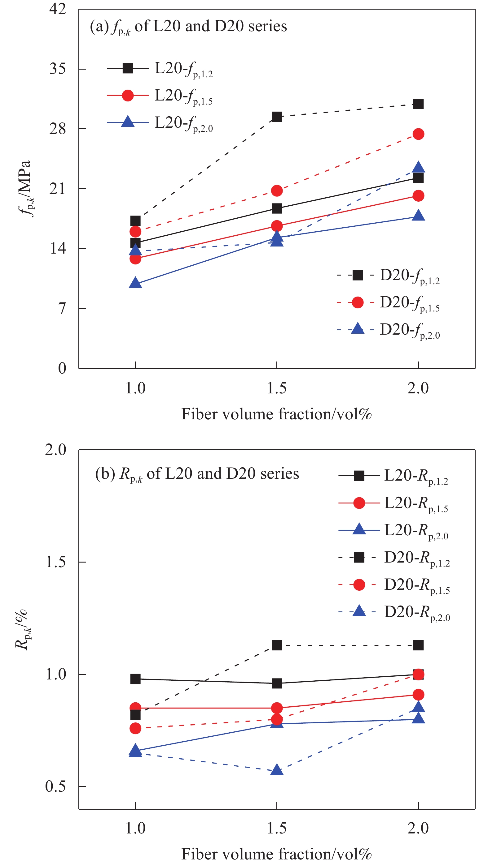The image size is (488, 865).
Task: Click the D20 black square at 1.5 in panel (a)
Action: pyautogui.click(x=276, y=117)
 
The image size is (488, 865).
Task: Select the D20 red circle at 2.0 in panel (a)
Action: pyautogui.click(x=418, y=134)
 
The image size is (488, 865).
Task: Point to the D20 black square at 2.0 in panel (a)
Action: pyautogui.click(x=418, y=104)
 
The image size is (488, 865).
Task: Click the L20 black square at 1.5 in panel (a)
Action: pyautogui.click(x=276, y=208)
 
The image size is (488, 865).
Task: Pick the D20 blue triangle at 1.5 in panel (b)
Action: pyautogui.click(x=276, y=770)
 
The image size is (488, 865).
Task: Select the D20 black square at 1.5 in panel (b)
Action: pyautogui.click(x=276, y=645)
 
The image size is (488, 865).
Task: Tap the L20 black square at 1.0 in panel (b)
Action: pyautogui.click(x=135, y=679)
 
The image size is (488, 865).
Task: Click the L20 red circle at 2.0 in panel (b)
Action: pyautogui.click(x=418, y=694)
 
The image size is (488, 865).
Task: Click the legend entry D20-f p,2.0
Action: pyautogui.click(x=409, y=330)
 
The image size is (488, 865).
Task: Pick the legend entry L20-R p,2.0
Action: pyautogui.click(x=416, y=531)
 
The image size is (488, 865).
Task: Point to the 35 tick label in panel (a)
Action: pyautogui.click(x=58, y=69)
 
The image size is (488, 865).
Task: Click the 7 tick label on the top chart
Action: pyautogui.click(x=62, y=308)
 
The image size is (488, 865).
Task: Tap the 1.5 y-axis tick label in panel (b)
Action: pyautogui.click(x=56, y=562)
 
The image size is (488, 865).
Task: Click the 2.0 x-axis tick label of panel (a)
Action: pyautogui.click(x=418, y=388)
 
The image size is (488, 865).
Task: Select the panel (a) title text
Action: pyautogui.click(x=188, y=27)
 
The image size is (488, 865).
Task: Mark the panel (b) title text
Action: pyautogui.click(x=197, y=474)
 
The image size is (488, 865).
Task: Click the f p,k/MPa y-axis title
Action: pyautogui.click(x=25, y=189)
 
